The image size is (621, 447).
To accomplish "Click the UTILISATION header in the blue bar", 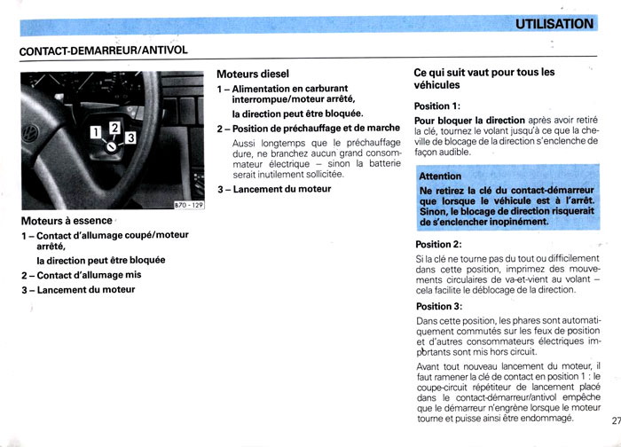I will (x=555, y=24).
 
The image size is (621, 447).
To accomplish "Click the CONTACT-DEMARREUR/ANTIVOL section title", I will (x=104, y=51).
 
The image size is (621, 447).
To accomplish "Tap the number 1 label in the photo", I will (x=95, y=134).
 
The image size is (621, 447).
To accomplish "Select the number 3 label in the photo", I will (x=130, y=138).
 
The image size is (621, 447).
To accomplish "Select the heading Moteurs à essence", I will (x=67, y=221).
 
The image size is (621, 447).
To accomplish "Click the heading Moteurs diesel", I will (x=253, y=74).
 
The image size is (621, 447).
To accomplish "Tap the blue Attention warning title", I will (x=441, y=176).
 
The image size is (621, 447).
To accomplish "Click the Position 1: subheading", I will (x=437, y=106).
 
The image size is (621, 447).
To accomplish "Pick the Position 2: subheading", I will (x=438, y=245).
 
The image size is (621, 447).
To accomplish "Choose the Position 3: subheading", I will (x=438, y=307).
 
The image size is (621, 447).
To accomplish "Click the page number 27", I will (x=615, y=434).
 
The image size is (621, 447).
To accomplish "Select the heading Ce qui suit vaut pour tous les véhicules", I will (x=483, y=78).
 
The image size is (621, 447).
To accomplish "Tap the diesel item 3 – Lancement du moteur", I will (x=274, y=189).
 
